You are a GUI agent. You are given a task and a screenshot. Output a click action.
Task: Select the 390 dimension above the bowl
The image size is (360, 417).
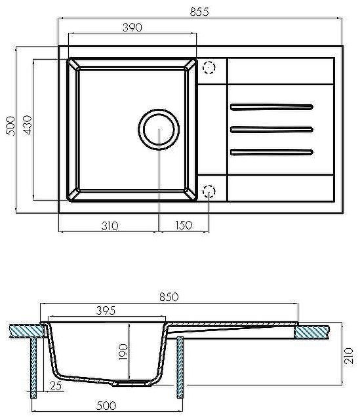132,27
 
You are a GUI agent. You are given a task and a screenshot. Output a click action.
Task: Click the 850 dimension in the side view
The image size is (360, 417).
169,296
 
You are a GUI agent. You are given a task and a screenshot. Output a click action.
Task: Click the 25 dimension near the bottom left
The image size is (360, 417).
56,386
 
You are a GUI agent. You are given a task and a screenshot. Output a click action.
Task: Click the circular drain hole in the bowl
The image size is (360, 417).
159,129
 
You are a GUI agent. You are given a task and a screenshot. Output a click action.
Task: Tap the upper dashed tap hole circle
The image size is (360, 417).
209,67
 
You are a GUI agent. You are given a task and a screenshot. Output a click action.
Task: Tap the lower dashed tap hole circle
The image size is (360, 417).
209,191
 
